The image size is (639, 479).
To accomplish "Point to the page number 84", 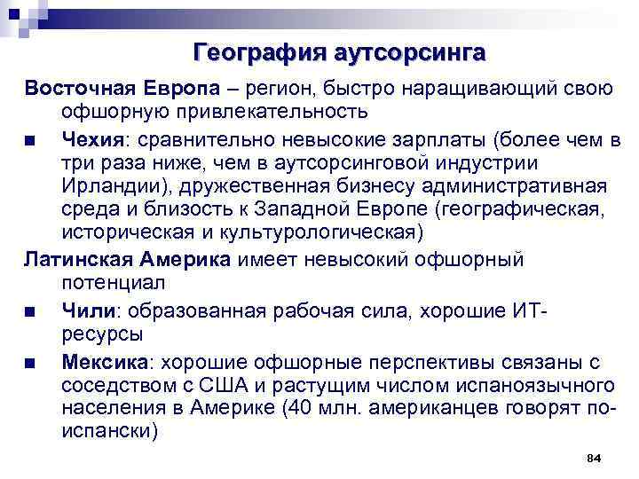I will coord(595,458).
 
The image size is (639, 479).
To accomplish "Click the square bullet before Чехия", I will coord(30,140).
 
